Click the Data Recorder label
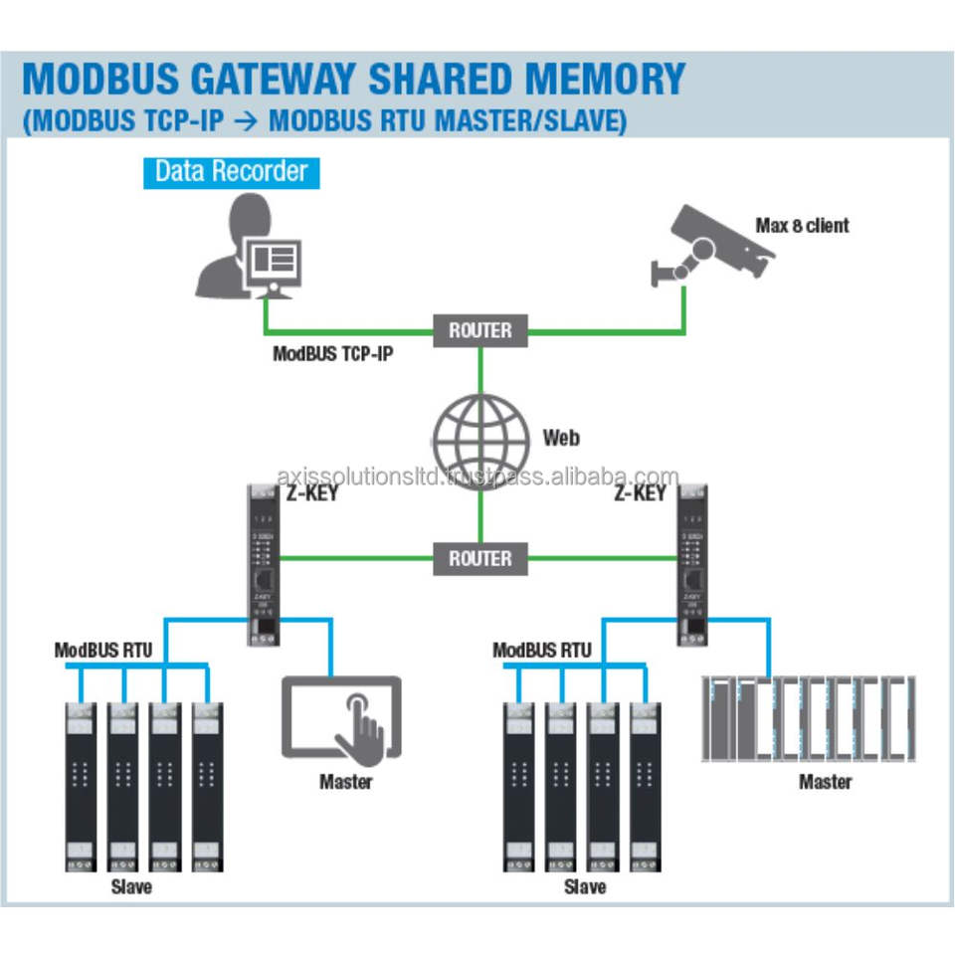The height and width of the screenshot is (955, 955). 231,171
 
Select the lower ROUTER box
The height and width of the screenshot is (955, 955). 479,558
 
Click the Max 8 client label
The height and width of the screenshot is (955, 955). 802,225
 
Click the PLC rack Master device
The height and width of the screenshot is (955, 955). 808,720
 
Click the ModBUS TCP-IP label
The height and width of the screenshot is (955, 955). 333,354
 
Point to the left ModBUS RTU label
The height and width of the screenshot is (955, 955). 103,651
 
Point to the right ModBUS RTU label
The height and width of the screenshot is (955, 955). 542,651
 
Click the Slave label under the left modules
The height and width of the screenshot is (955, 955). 131,885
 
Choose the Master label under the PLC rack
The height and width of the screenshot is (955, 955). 825,781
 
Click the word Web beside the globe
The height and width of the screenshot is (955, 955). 561,438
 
